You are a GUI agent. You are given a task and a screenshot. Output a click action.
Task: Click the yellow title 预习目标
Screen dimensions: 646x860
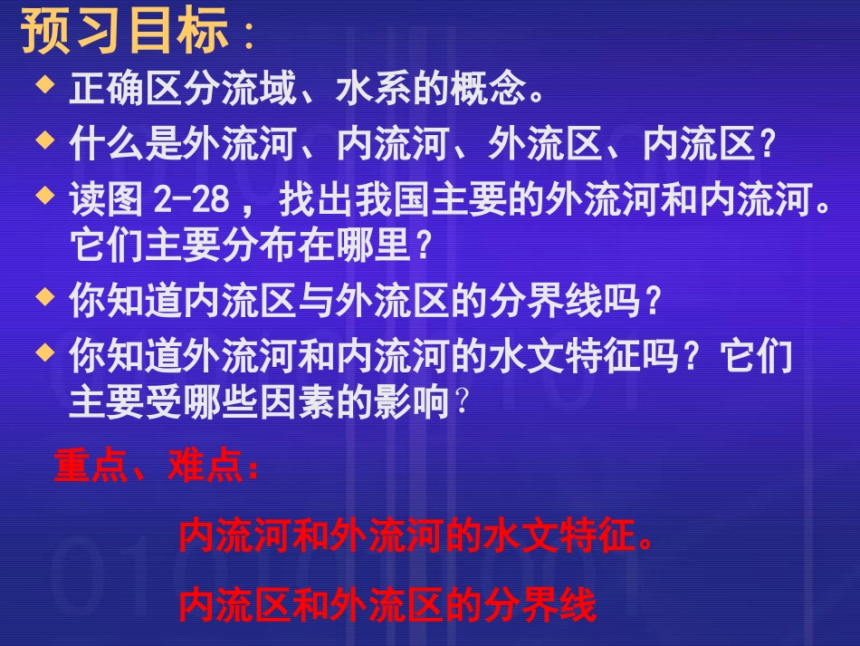point(124,33)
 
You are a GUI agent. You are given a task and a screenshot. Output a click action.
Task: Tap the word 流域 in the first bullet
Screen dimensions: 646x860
point(258,91)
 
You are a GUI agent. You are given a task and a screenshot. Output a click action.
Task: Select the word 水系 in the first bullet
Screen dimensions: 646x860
point(372,91)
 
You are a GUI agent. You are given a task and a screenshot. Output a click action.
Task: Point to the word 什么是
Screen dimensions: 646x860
point(126,146)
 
